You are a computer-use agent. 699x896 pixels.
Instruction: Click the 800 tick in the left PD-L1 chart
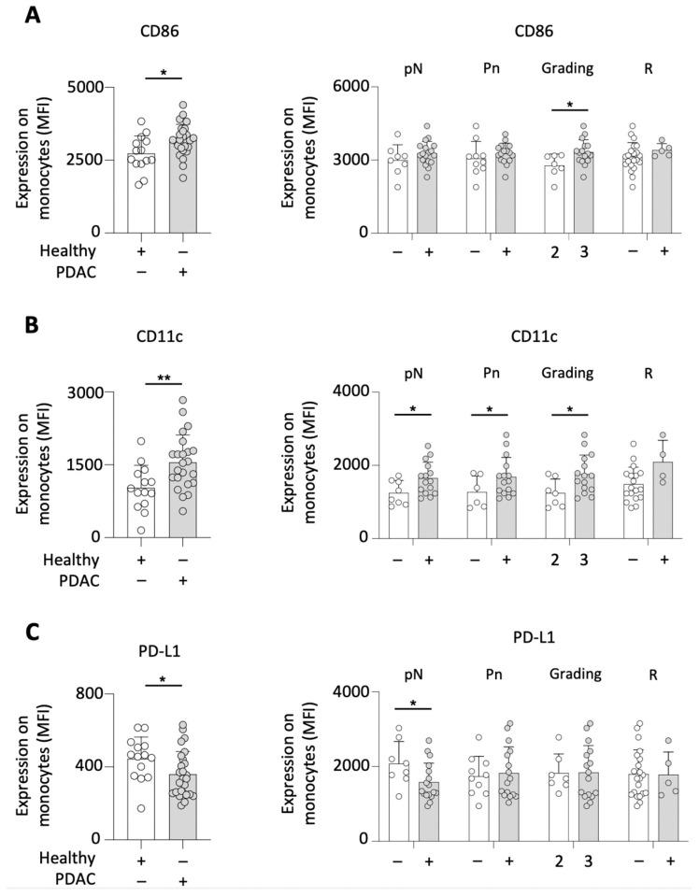(100, 693)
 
